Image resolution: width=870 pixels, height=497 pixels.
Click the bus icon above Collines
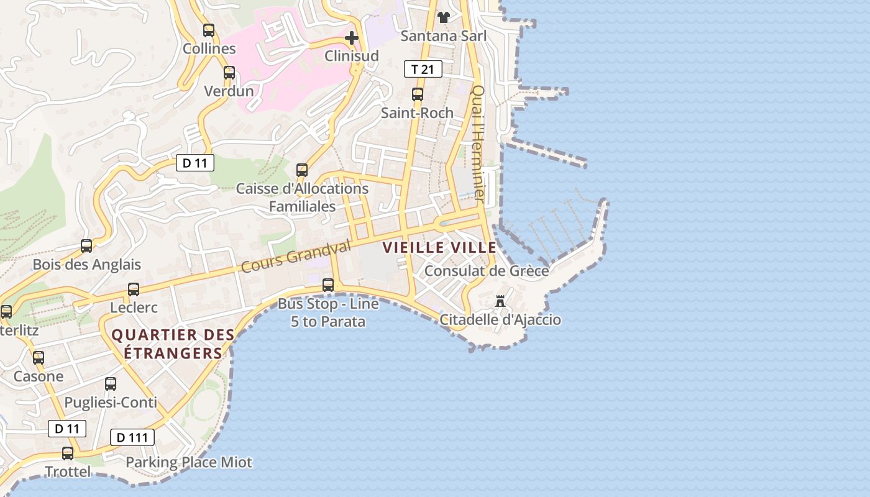pos(209,30)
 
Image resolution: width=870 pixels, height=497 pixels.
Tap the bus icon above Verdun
pos(229,72)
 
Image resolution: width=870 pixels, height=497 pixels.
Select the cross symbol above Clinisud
pos(352,38)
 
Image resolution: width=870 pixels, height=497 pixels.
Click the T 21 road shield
pos(423,69)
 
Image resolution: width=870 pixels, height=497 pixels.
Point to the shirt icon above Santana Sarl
pos(443,17)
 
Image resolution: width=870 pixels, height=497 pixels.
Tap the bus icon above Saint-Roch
pos(418,94)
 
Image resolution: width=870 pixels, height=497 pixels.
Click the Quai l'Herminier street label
pos(478,142)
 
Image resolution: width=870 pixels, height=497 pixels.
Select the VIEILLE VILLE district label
pos(431,247)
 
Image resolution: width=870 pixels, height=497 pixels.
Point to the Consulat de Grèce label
pos(486,271)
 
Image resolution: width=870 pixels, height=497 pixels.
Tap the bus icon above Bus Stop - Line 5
pos(328,285)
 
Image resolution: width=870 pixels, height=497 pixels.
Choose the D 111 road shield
pos(132,437)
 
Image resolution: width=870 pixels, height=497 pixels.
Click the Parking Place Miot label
pos(189,462)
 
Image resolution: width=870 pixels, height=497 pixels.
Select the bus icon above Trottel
pos(68,454)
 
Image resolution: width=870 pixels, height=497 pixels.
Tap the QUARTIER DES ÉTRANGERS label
pos(173,344)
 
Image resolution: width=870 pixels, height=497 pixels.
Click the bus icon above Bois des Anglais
pos(86,246)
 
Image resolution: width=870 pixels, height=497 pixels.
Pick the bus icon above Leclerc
pos(134,289)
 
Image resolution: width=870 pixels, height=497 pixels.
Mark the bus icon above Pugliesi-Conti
pos(111,384)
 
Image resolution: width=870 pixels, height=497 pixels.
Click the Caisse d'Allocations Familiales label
pos(302,197)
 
